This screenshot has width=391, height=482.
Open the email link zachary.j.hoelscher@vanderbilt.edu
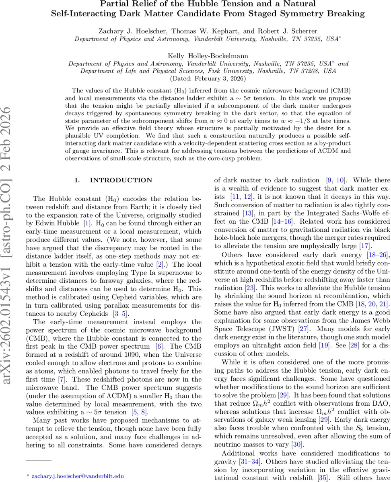click(78, 476)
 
